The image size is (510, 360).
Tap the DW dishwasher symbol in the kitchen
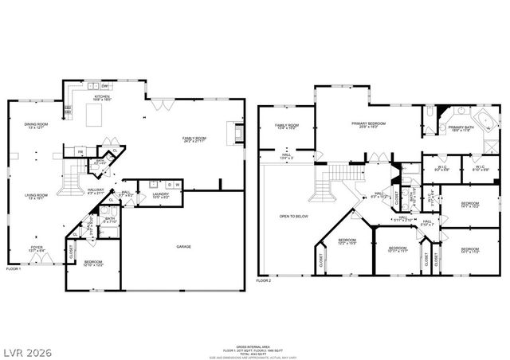tap(105, 84)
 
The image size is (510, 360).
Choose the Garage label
tap(183, 247)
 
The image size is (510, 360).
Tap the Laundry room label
tap(159, 194)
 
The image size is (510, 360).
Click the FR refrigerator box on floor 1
tap(80, 151)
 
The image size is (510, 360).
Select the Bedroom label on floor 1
tap(93, 263)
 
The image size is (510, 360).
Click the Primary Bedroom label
tap(368, 124)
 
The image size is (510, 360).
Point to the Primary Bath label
tap(461, 128)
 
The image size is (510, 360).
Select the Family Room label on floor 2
tap(287, 126)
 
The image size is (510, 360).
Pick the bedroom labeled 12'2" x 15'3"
tap(347, 241)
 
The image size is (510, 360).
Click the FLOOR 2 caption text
tap(264, 281)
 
